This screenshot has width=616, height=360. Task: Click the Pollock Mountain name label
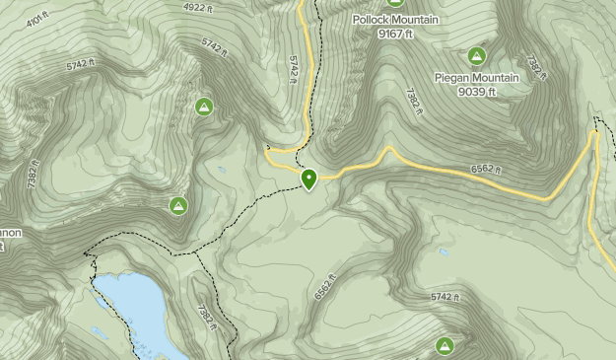[x=395, y=19]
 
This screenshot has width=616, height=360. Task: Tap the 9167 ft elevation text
[x=395, y=34]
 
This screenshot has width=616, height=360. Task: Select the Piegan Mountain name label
[x=477, y=77]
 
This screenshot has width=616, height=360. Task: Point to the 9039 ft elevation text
[x=477, y=92]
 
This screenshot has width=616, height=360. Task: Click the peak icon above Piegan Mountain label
[x=477, y=56]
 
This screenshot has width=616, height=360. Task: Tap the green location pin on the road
[x=309, y=179]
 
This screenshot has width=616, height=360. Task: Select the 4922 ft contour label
[x=199, y=7]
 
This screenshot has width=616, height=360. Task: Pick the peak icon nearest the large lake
[x=178, y=205]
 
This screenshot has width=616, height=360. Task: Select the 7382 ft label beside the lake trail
[x=204, y=316]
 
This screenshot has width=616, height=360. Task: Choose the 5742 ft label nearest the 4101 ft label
[x=81, y=64]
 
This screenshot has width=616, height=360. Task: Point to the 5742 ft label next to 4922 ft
[x=214, y=44]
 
